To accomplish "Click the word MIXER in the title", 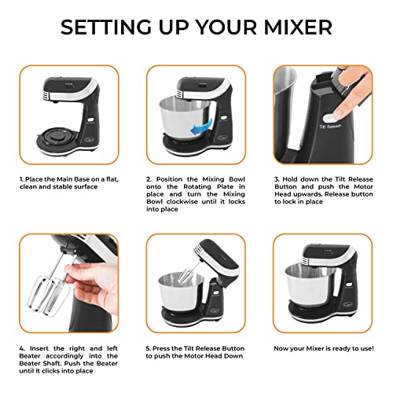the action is pos(298,27).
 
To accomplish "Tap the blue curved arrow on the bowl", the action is pos(201,126).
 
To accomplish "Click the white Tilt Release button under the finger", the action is pos(329,118).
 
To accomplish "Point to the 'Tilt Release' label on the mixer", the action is pos(330,127).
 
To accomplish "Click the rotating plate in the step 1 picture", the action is pos(57,136).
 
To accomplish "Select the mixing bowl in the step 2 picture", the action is pos(185,116).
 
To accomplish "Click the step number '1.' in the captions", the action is pos(21,179).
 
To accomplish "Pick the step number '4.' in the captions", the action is pos(22,348).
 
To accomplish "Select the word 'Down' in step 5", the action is pos(235,356).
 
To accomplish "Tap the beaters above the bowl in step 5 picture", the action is pos(186,274).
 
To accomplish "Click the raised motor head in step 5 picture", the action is pos(216,257).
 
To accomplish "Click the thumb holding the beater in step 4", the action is pos(72,272).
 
